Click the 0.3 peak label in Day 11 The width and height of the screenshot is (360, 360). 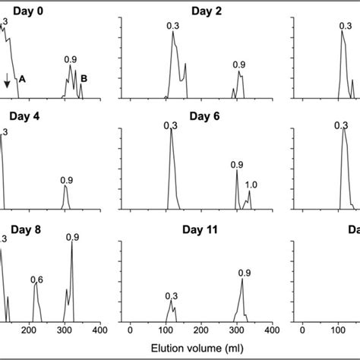pos(171,295)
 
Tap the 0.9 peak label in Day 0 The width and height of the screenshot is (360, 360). pos(71,58)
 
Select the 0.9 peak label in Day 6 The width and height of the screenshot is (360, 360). pos(236,165)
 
